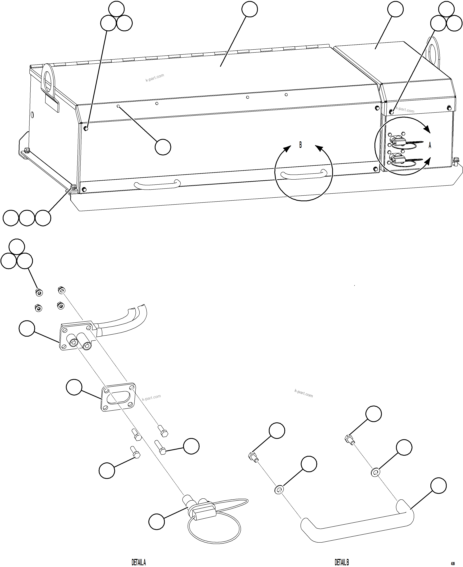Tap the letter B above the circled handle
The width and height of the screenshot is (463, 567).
[300, 145]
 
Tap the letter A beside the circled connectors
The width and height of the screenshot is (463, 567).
[430, 145]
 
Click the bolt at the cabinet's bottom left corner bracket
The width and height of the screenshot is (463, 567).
[73, 187]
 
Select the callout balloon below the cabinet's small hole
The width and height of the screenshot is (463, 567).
[163, 147]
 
